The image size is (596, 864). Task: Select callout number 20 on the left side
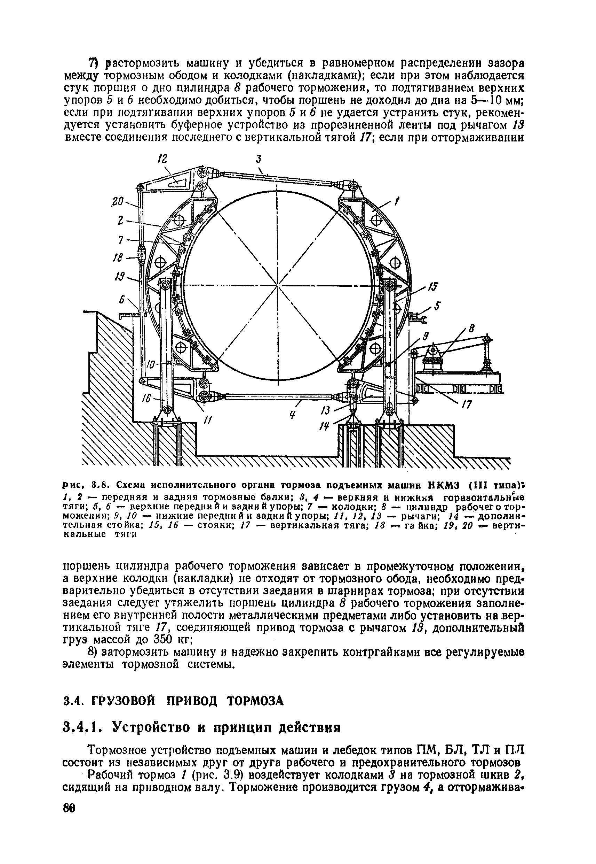(118, 202)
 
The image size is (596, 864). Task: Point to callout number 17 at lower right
(467, 405)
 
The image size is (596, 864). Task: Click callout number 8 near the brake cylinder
(471, 330)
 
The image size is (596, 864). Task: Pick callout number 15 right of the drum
(433, 287)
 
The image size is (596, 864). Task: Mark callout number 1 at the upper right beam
(397, 202)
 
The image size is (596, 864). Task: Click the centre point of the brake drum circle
(278, 286)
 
